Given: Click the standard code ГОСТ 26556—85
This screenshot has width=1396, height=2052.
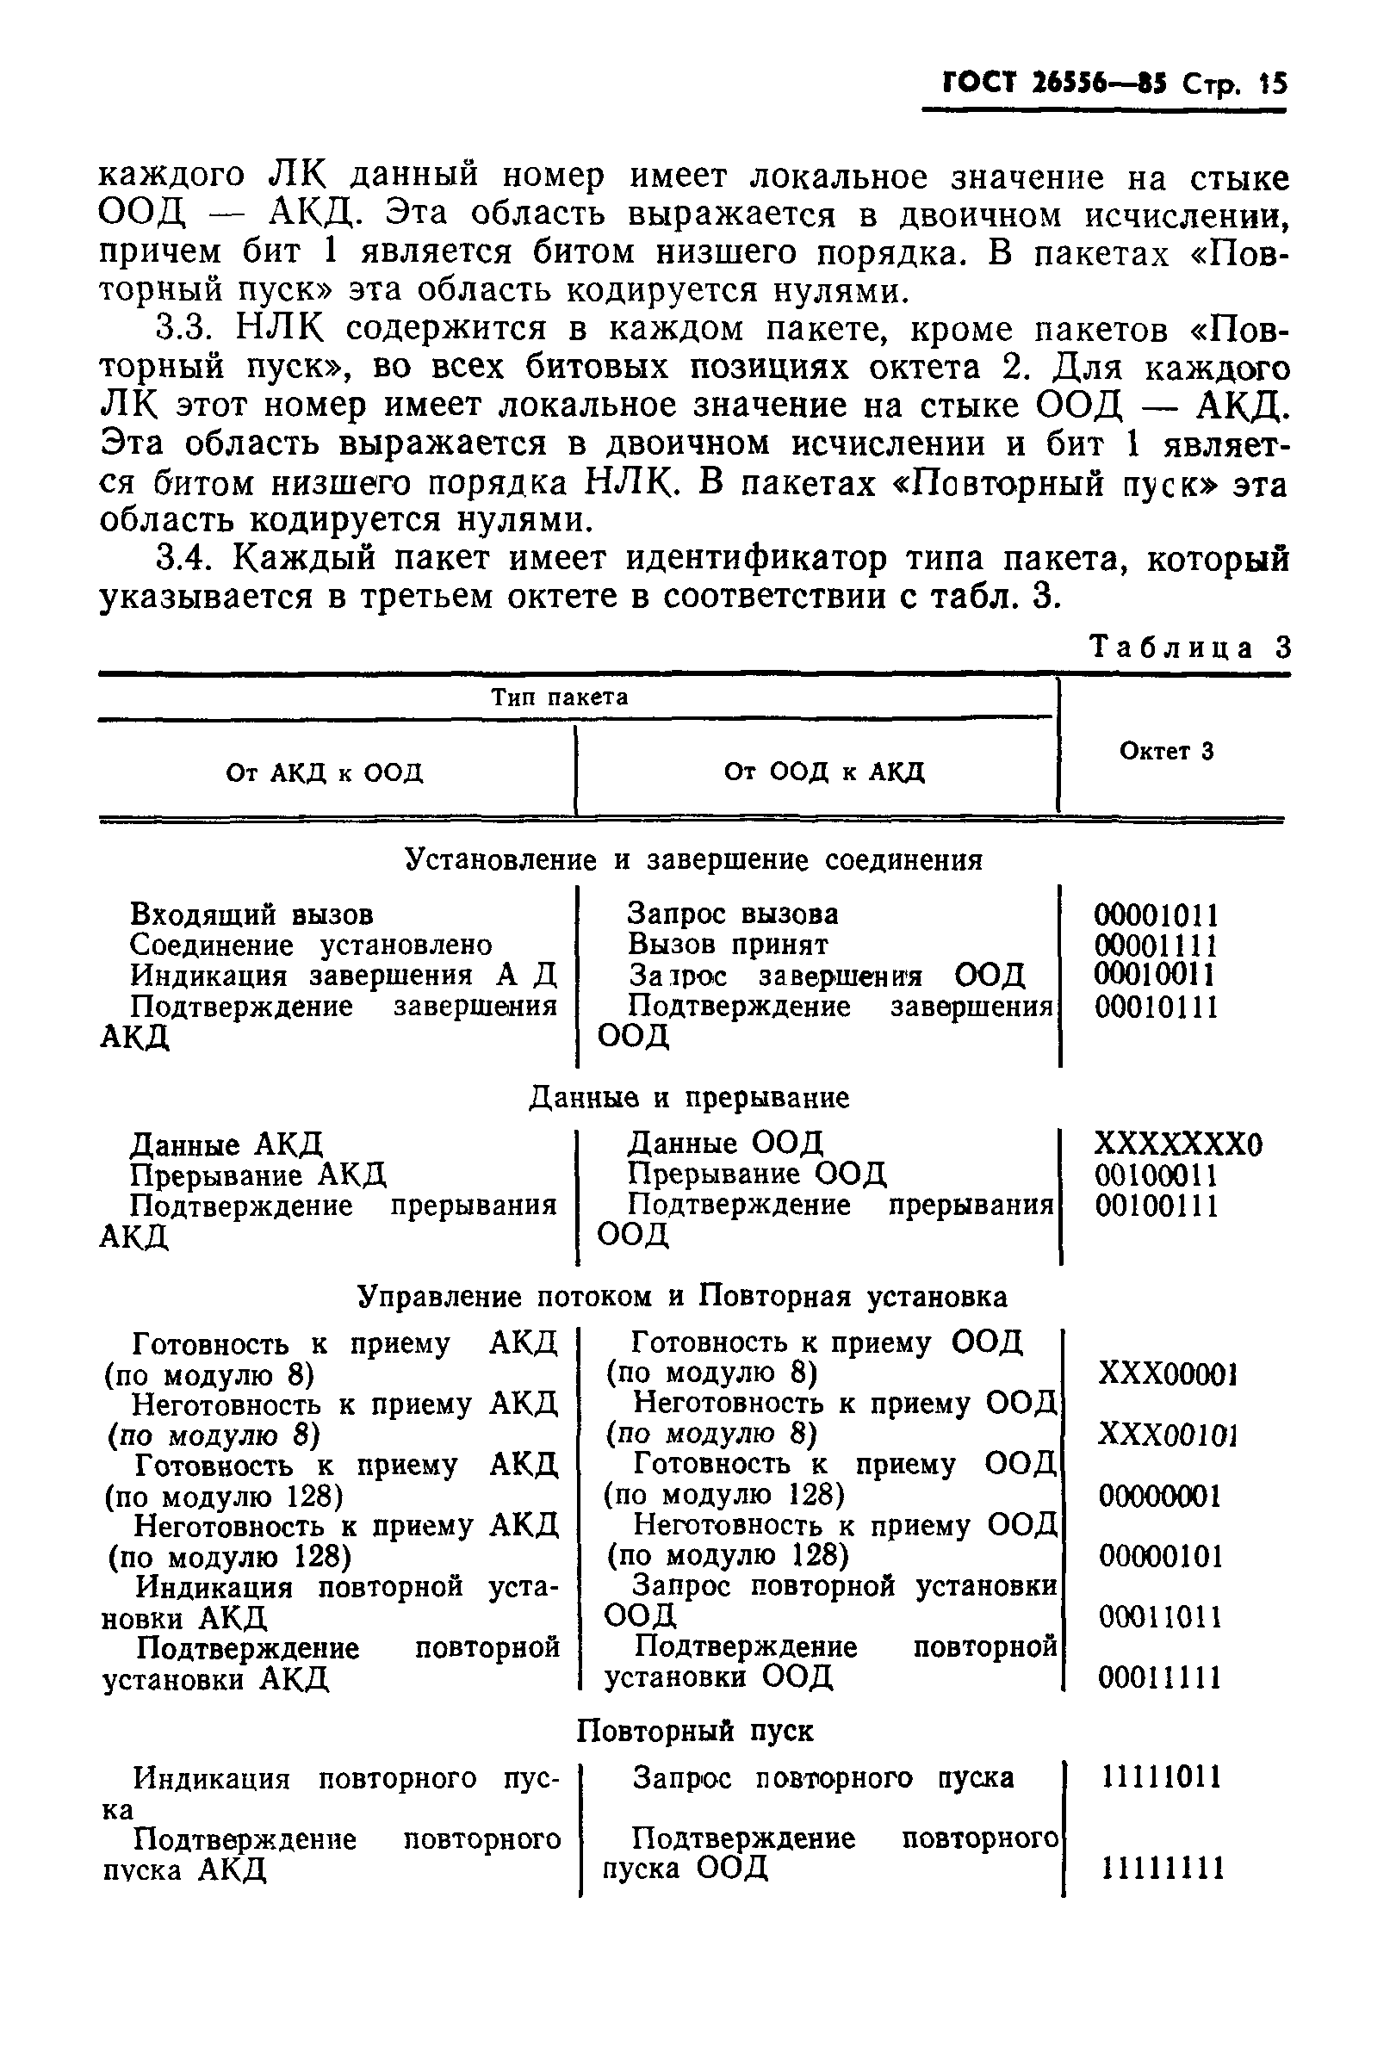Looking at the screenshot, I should [x=1054, y=83].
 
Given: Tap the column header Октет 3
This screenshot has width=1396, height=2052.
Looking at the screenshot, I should [x=1166, y=751].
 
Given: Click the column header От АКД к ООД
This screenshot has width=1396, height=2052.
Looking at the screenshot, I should [x=324, y=772].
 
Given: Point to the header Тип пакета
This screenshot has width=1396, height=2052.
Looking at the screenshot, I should [x=559, y=697].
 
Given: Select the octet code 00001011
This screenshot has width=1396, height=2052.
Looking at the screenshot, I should [x=1156, y=914].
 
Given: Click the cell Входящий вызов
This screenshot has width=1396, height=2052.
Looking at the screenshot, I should [x=251, y=914].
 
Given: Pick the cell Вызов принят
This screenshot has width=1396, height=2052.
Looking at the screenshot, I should [x=728, y=944].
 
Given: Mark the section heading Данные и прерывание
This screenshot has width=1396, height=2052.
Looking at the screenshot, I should [x=689, y=1098].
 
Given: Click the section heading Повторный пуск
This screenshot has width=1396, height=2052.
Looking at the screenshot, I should [x=695, y=1731].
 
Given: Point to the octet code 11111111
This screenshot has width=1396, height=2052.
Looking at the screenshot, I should [x=1163, y=1868].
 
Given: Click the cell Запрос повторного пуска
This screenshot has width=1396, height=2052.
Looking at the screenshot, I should [x=823, y=1776].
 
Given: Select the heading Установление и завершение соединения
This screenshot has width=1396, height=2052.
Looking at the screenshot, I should [x=693, y=859].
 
